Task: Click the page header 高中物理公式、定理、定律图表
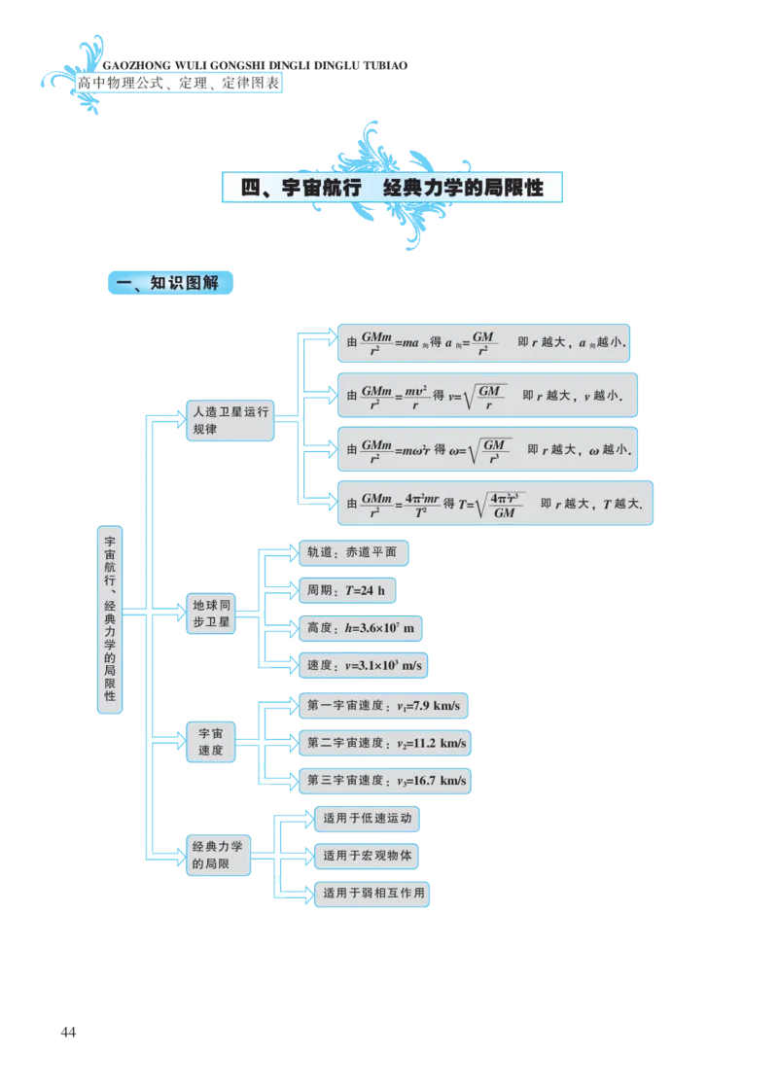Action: coord(177,84)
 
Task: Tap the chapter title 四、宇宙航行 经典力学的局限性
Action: coord(392,188)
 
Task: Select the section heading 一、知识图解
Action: coord(170,283)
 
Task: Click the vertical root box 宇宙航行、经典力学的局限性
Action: coord(110,619)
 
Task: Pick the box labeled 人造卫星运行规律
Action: coord(230,420)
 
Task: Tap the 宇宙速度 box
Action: coord(210,741)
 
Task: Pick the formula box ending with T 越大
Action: coord(494,504)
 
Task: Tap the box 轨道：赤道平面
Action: coord(351,552)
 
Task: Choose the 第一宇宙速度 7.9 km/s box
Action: coord(384,704)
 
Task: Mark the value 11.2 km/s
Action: coord(439,743)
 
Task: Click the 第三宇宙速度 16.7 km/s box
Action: coord(384,780)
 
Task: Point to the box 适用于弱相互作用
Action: coord(372,894)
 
